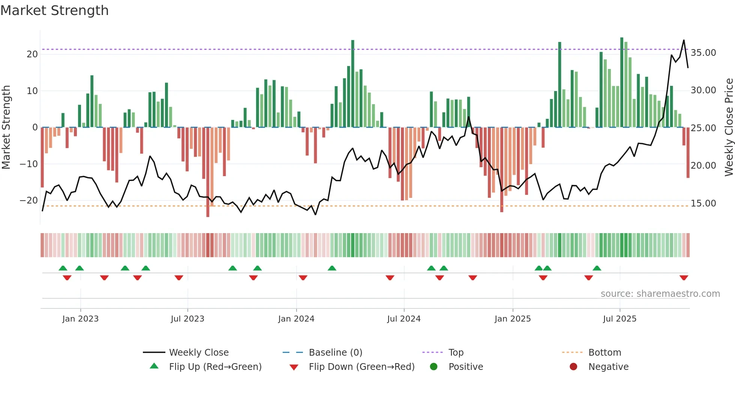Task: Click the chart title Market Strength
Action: (54, 10)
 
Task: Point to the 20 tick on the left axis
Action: (32, 54)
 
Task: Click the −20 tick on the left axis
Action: (29, 200)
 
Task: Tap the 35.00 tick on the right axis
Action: (703, 53)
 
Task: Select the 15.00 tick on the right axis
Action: (703, 204)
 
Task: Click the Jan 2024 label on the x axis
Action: (296, 319)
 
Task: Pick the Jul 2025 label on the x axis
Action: (619, 319)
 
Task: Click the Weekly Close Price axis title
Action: (729, 127)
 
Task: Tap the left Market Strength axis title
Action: (6, 127)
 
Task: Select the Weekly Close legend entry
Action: (198, 353)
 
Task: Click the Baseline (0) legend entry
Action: (335, 353)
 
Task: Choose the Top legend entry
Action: (456, 353)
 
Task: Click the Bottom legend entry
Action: (604, 353)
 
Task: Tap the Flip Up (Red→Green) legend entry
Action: (215, 367)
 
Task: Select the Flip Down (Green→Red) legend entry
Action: (361, 367)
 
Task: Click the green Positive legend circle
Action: (433, 367)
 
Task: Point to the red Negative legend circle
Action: (573, 367)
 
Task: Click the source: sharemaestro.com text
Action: (660, 294)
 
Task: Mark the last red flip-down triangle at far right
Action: (684, 278)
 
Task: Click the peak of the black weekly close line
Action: (684, 40)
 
